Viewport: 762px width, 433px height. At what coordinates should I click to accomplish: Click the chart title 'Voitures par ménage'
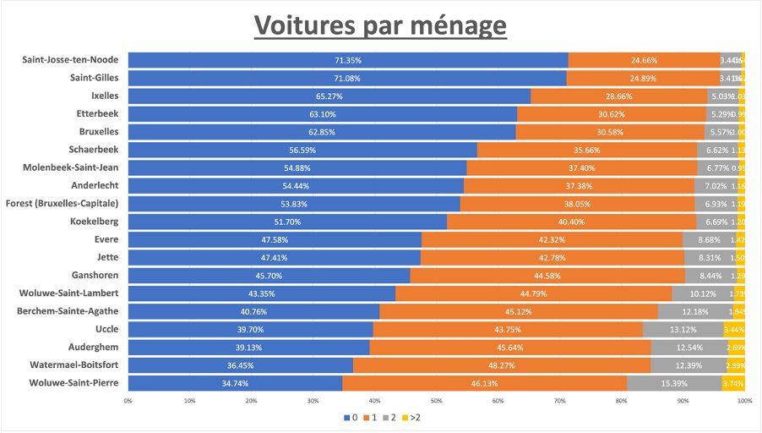381,25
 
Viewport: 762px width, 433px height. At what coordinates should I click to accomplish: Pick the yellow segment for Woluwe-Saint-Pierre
733,383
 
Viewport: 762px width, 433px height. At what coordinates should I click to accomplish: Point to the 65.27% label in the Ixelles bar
329,96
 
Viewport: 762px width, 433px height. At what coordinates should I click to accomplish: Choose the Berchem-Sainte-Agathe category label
68,311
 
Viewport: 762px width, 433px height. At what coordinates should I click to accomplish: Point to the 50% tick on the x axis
436,401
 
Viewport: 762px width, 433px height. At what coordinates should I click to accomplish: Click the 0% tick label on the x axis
128,401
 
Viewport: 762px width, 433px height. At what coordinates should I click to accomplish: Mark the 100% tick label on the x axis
743,401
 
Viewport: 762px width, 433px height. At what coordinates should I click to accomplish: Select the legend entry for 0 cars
350,417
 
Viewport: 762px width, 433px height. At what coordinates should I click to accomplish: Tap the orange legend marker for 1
366,417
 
